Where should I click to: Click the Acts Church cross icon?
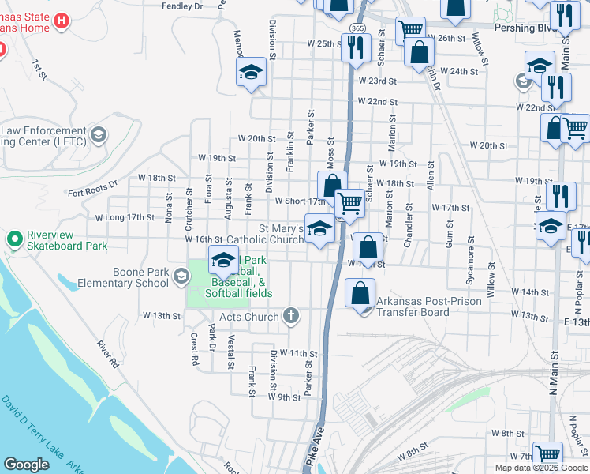pos(291,317)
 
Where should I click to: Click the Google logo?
pos(27,465)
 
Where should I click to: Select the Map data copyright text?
pos(540,468)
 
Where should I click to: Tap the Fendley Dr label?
pos(181,6)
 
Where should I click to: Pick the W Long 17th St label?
pos(125,216)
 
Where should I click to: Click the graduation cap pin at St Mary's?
pos(319,230)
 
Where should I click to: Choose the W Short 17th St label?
pos(300,201)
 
